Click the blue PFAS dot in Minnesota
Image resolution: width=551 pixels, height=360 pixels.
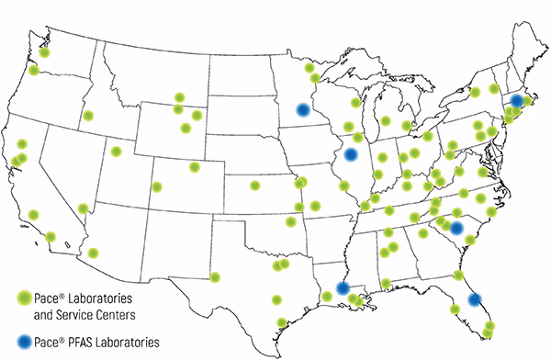click(303, 110)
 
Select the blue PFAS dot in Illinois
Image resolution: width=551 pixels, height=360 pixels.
click(351, 153)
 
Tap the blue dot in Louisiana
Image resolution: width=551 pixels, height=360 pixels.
click(343, 287)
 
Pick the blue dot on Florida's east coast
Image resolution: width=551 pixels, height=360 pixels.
click(474, 298)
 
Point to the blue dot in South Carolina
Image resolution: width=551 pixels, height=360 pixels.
click(456, 228)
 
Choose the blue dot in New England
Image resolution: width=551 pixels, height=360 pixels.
click(517, 100)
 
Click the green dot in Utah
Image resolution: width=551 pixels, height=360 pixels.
click(117, 152)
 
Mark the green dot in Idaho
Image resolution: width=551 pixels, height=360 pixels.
click(89, 116)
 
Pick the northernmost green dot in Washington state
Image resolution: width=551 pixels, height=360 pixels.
click(44, 52)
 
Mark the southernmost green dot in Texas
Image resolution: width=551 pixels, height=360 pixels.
click(283, 322)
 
